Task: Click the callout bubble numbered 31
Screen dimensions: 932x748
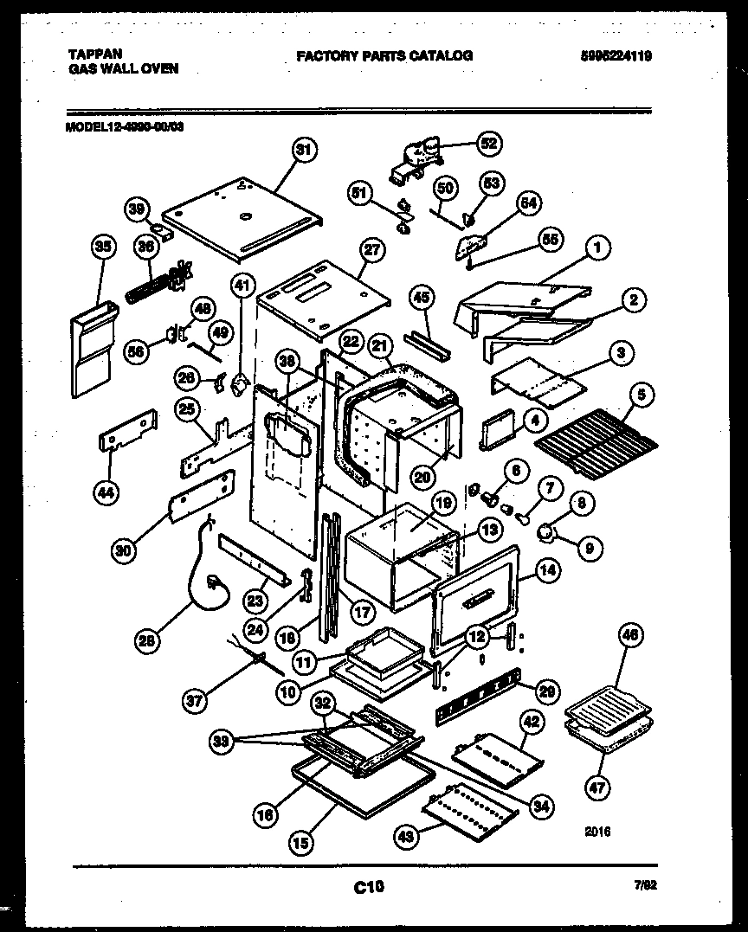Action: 302,151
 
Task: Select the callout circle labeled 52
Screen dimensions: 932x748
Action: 489,144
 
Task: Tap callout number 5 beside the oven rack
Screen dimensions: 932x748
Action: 641,395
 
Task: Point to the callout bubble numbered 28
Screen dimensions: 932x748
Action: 148,640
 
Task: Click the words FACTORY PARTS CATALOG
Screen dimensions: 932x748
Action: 384,55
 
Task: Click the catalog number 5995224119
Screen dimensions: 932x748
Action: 616,56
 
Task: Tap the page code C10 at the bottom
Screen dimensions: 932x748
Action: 369,885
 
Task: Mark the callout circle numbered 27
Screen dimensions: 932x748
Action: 371,250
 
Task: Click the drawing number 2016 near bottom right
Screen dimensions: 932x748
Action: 597,832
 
